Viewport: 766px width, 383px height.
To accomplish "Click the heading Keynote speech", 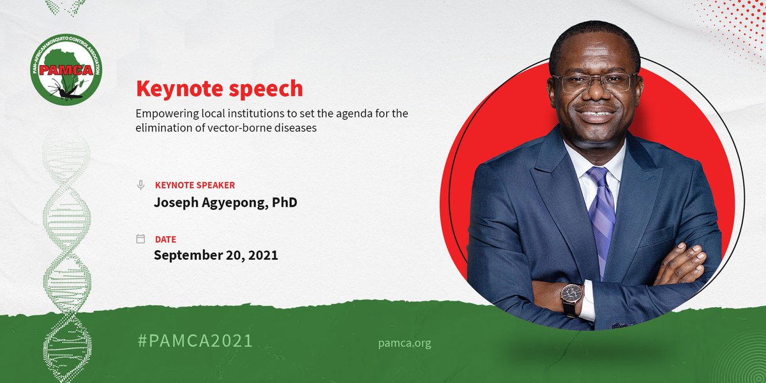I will click(220, 89).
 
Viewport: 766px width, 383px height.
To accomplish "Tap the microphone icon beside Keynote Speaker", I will click(140, 185).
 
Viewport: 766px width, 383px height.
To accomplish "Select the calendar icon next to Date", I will click(140, 239).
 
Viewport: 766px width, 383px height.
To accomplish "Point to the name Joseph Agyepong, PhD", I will click(225, 202).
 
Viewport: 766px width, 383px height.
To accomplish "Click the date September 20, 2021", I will click(216, 255).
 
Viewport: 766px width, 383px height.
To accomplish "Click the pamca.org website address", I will click(405, 343).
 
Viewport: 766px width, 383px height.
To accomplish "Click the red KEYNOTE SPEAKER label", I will click(195, 185).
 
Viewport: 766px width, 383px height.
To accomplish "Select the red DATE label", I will click(165, 239).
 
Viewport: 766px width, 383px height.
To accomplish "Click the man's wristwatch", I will click(571, 296).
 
